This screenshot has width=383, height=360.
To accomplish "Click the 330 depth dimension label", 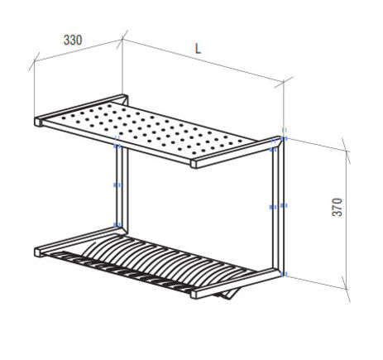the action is click(73, 41).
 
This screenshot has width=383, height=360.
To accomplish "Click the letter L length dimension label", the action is click(198, 49).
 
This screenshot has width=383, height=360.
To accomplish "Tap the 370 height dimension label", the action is click(338, 207).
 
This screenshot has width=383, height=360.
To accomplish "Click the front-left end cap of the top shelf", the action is click(38, 122).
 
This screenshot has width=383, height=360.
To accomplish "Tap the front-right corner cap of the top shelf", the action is click(194, 164).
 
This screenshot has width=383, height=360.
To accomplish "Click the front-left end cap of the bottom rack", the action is click(38, 252).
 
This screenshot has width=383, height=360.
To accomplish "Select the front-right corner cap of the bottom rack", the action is click(194, 294).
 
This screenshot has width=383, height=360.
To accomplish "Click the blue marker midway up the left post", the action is click(117, 185).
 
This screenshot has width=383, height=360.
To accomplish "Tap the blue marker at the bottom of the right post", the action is click(284, 274).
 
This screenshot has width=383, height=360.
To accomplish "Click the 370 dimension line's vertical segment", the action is click(347, 220).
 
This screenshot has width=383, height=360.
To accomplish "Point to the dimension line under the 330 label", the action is click(78, 50).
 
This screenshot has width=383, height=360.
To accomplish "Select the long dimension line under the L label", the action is click(203, 60).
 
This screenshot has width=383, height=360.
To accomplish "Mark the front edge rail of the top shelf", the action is click(116, 143).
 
